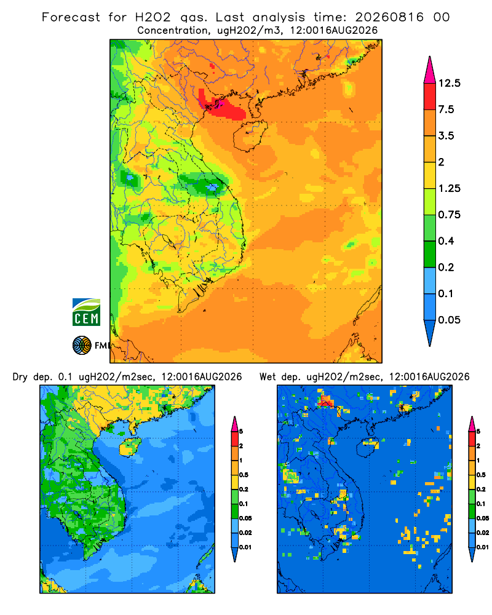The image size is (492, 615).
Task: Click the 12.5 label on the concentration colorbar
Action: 449,83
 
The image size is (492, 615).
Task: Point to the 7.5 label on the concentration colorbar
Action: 446,109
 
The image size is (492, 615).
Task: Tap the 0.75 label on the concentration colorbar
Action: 449,215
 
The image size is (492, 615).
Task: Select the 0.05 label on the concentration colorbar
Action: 449,320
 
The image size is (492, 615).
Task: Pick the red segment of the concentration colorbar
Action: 430,97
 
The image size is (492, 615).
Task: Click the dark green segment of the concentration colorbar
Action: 430,254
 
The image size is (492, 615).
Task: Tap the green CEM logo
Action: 86,312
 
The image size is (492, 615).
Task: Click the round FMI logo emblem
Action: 82,346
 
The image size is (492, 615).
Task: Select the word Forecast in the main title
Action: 71,17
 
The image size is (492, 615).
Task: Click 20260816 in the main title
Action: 389,17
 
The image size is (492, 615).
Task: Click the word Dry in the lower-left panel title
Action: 20,377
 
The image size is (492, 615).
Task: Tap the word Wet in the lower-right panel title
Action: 268,377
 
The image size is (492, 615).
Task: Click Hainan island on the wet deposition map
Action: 368,446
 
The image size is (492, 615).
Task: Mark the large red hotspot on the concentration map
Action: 221,105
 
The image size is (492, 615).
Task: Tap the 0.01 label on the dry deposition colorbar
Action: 245,547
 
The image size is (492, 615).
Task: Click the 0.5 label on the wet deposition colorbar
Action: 480,475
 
